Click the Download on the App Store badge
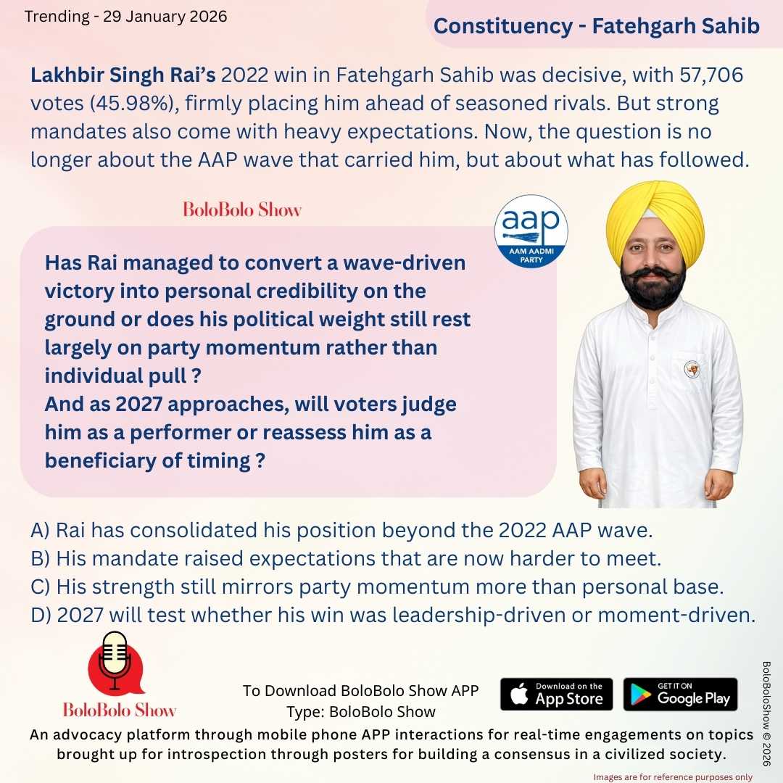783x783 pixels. pyautogui.click(x=556, y=694)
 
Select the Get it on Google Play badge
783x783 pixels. pyautogui.click(x=680, y=694)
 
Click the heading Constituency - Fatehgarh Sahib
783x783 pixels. pyautogui.click(x=596, y=26)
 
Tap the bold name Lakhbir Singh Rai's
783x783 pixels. pyautogui.click(x=123, y=75)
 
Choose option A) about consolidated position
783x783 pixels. pyautogui.click(x=342, y=530)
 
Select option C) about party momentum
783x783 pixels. pyautogui.click(x=378, y=587)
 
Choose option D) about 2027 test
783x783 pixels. pyautogui.click(x=394, y=615)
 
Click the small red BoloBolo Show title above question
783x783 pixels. pyautogui.click(x=241, y=210)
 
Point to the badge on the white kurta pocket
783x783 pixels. pyautogui.click(x=692, y=369)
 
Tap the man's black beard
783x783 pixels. pyautogui.click(x=655, y=289)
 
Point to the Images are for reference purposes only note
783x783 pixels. pyautogui.click(x=673, y=776)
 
